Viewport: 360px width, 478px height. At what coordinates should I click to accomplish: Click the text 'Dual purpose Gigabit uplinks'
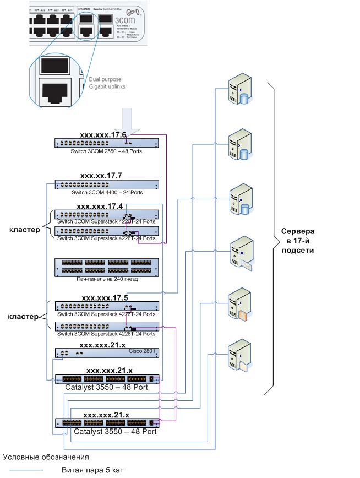point(105,83)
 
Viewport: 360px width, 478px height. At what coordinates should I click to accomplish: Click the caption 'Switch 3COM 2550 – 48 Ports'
point(106,150)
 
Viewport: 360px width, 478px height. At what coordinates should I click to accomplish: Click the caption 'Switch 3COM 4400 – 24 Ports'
point(107,193)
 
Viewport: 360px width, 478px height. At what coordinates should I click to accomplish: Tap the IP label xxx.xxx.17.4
point(100,207)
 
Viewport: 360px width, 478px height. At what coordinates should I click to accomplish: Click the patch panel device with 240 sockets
point(106,267)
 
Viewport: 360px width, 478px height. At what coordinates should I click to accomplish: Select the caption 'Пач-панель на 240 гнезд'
point(107,279)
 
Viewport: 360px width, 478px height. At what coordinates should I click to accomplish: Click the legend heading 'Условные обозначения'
point(46,457)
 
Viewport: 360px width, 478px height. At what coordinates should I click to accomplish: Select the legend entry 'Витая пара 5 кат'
point(92,470)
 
